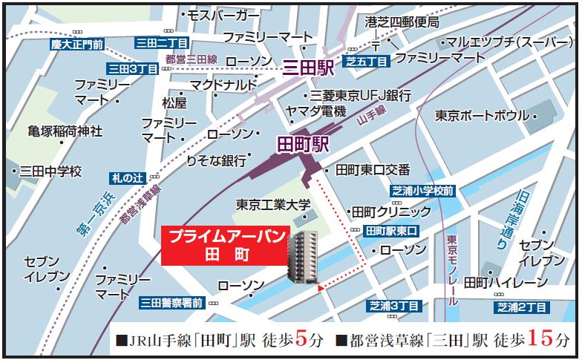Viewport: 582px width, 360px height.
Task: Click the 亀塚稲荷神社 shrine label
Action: [65, 131]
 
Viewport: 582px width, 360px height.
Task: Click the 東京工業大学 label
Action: [273, 204]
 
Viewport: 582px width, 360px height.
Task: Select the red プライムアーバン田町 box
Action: [223, 245]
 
